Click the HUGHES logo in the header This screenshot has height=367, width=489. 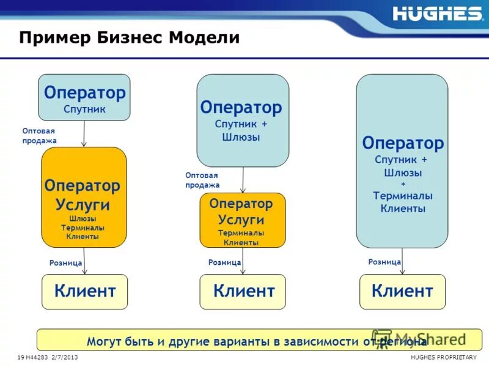click(437, 13)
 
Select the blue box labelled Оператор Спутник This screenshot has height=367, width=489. click(84, 97)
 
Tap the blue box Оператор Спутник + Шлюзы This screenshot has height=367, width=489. click(242, 120)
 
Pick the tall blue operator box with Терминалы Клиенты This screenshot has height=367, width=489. click(402, 161)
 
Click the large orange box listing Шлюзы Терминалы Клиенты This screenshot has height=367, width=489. click(84, 197)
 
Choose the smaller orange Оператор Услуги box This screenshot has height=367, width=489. click(242, 220)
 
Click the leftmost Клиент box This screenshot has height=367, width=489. click(84, 291)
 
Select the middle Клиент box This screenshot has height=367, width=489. click(243, 291)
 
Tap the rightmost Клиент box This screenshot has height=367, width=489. click(402, 291)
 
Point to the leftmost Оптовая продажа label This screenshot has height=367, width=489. click(39, 136)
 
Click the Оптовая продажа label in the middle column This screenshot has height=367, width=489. click(202, 180)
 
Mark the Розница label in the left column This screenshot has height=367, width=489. click(65, 262)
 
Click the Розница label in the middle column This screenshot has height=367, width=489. click(224, 262)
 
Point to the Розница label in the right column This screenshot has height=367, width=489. click(384, 261)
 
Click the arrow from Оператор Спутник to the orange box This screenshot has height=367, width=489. click(84, 134)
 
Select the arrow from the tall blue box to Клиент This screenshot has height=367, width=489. click(402, 261)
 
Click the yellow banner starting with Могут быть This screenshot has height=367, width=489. click(259, 340)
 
